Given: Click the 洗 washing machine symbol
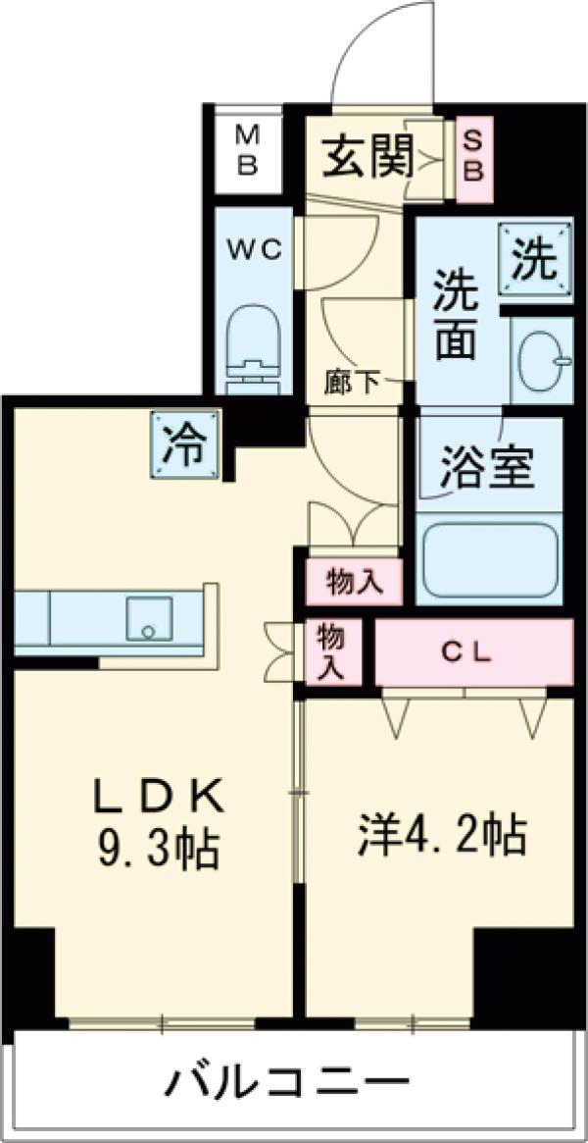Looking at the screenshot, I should click(535, 258).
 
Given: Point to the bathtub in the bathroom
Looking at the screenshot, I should click(488, 560).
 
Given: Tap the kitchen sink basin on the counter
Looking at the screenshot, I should click(148, 619).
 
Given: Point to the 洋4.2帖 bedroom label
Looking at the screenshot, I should click(439, 835).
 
